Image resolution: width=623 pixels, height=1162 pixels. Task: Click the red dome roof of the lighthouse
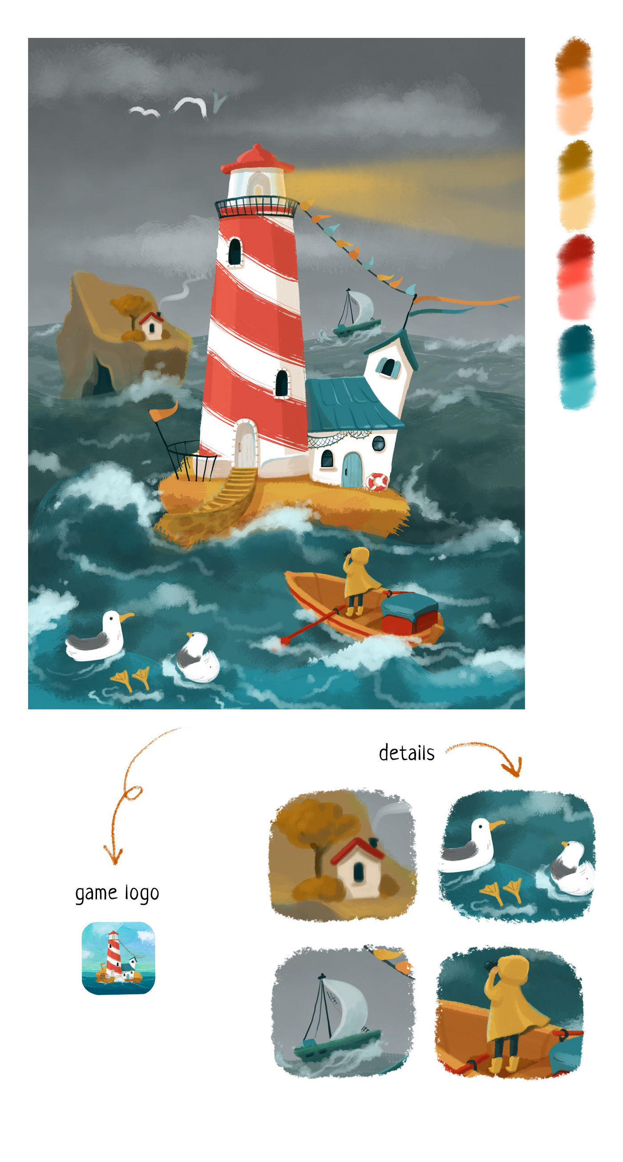click(x=257, y=159)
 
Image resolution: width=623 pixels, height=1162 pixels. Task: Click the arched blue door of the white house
click(x=352, y=470)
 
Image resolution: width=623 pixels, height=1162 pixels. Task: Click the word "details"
click(x=406, y=753)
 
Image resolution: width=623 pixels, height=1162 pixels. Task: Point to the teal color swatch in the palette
click(x=577, y=367)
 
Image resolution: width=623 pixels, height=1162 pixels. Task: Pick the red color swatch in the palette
click(x=576, y=276)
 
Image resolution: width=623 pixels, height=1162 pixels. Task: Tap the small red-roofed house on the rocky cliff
click(x=152, y=325)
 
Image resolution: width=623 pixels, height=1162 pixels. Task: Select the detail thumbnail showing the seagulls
click(x=517, y=856)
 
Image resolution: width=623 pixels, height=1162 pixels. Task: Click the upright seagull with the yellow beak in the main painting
click(x=99, y=636)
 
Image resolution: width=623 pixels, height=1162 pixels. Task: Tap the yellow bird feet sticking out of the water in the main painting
click(x=131, y=678)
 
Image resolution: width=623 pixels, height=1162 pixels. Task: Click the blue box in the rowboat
click(x=409, y=604)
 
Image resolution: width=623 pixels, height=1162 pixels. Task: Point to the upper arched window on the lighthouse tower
click(x=235, y=252)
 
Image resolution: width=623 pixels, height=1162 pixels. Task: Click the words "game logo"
click(x=117, y=894)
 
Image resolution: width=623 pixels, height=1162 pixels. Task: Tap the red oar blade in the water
click(x=285, y=640)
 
